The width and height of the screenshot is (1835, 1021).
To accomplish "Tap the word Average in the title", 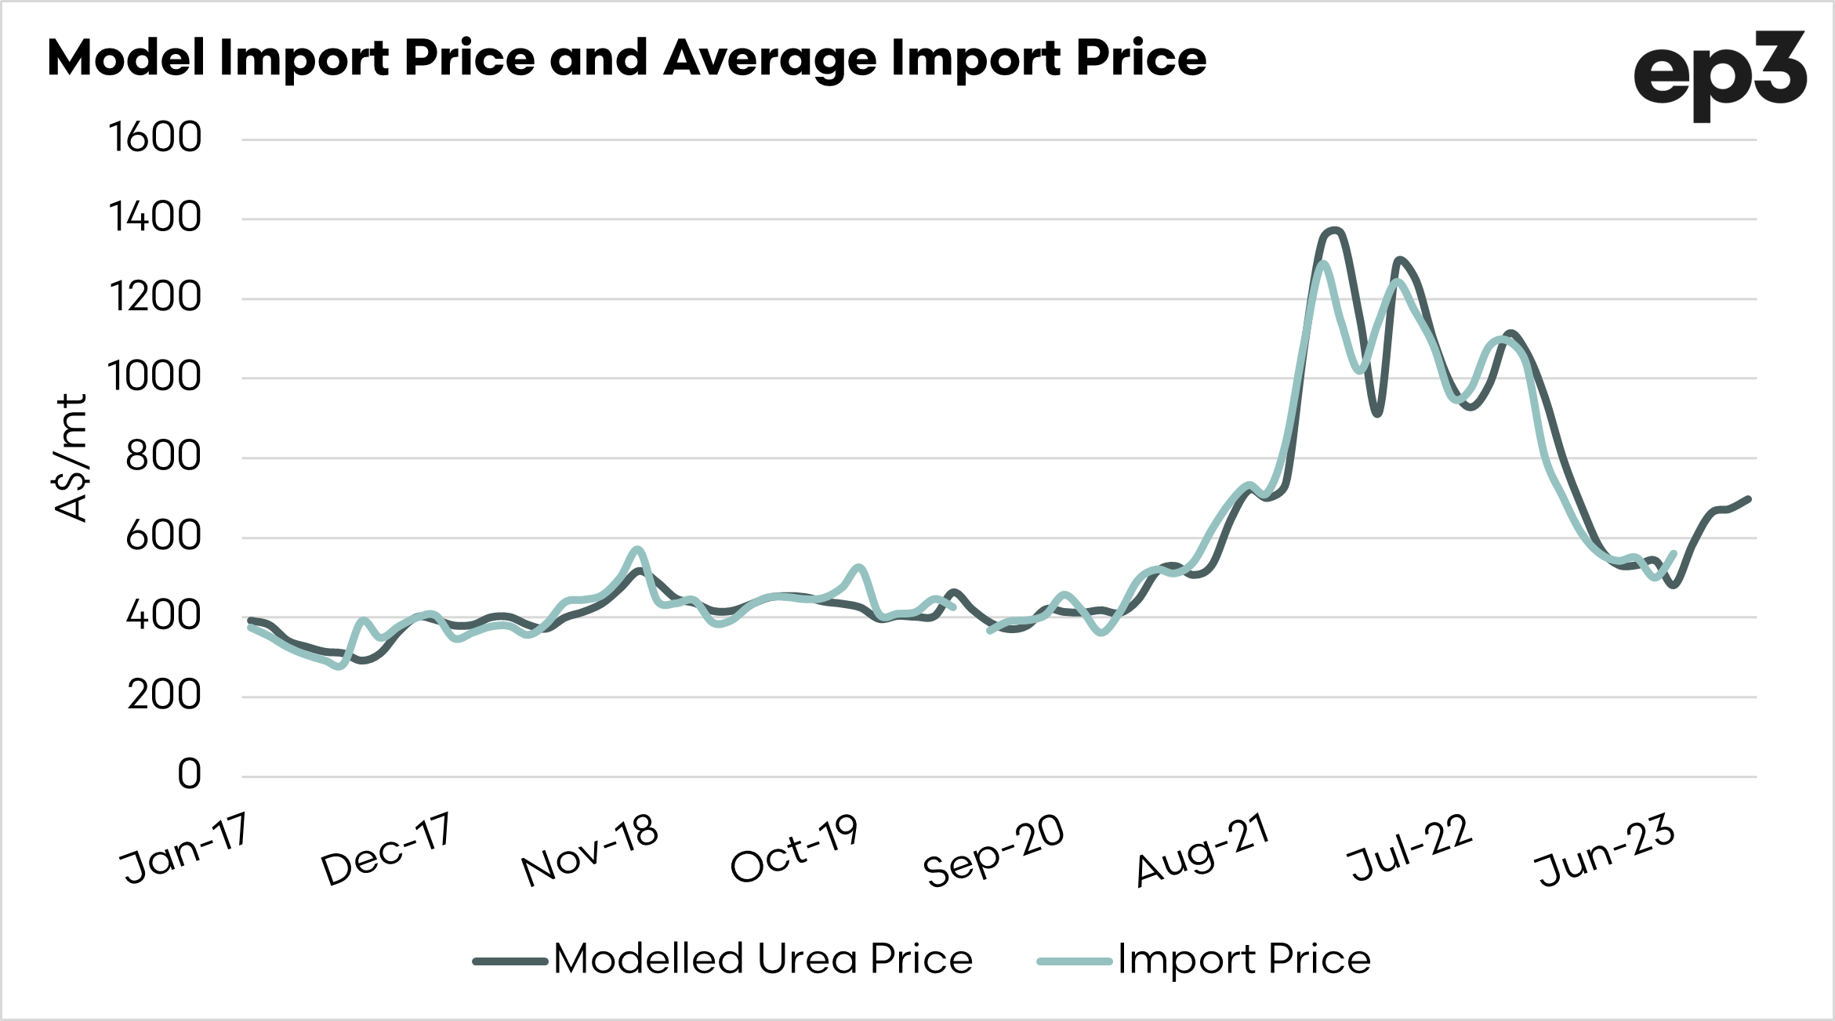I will pos(770,60).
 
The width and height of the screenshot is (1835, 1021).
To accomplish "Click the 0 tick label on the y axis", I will pos(189,774).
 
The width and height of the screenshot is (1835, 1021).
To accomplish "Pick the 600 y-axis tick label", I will pos(163,536).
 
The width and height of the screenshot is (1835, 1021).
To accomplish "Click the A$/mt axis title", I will pos(71,458).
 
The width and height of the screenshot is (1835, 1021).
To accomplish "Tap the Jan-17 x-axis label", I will pos(185,849).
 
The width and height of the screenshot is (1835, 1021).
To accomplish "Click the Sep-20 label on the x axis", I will pos(994,850).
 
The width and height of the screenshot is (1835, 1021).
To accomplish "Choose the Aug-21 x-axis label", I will pos(1202,850).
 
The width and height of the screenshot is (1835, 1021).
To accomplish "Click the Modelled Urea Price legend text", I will pos(763,958).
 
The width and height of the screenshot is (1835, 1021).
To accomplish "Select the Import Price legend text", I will pos(1244,958).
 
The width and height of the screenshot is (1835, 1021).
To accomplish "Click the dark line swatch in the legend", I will pos(510,961).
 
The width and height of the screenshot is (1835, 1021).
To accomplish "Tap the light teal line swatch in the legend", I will pos(1074,961).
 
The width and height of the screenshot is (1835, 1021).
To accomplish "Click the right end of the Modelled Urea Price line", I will pos(1749,498).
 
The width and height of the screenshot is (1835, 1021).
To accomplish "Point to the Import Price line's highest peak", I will pos(1323,263).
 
